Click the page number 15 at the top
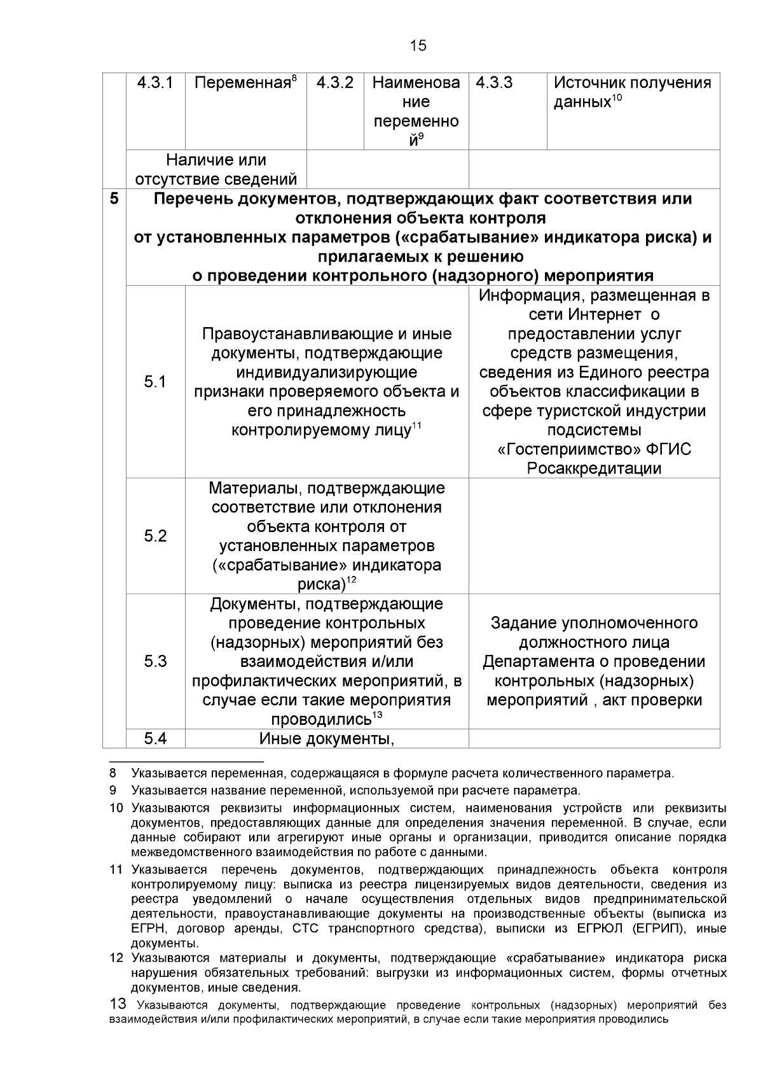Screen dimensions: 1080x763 tap(418, 46)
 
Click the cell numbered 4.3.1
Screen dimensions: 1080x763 tap(155, 83)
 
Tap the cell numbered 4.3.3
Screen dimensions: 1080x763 tap(494, 83)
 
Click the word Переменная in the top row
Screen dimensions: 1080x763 tap(242, 83)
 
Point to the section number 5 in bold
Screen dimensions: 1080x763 tap(114, 199)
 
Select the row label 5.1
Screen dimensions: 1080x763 tap(155, 382)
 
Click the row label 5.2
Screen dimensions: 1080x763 tap(155, 536)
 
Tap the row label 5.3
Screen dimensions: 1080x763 tap(155, 661)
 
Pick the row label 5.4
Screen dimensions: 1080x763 tap(155, 738)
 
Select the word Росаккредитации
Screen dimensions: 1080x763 tap(594, 469)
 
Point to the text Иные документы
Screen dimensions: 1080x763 tap(327, 739)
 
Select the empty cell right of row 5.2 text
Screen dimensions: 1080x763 tap(594, 536)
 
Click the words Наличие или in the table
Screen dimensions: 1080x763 tap(216, 160)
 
